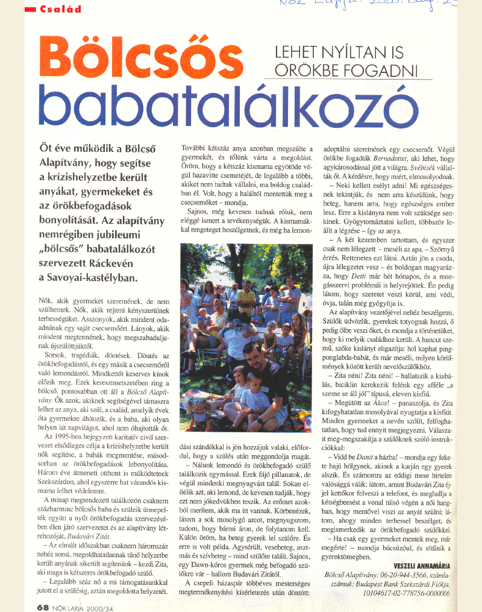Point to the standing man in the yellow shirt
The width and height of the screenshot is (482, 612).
[x=246, y=300]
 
